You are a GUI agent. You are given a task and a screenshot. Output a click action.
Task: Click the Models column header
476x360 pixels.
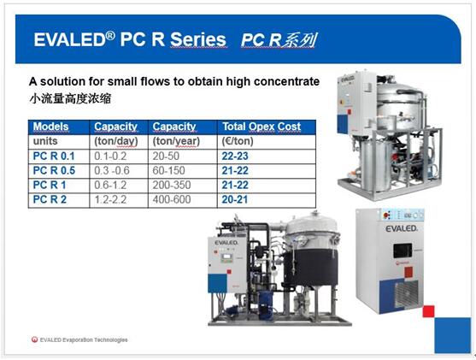(x=50, y=127)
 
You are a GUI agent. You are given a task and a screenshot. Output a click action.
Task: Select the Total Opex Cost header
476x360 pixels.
(x=262, y=127)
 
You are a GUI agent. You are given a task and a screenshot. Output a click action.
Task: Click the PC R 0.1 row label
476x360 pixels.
(x=54, y=156)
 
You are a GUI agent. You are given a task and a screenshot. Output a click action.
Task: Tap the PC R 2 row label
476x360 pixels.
(x=50, y=199)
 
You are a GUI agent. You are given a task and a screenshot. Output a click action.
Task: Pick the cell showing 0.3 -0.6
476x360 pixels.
(x=112, y=170)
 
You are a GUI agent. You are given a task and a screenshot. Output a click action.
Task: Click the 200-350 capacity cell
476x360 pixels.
(x=172, y=185)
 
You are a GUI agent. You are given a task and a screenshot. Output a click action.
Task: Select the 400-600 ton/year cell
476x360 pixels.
(x=172, y=199)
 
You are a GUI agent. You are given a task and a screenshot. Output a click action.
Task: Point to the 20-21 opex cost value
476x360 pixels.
(x=235, y=199)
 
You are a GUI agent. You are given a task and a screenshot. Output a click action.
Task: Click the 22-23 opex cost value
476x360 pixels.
(x=235, y=156)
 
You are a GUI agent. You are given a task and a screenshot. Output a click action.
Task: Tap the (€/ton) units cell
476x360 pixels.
(x=238, y=141)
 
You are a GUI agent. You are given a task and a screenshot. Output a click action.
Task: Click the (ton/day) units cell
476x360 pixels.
(x=116, y=141)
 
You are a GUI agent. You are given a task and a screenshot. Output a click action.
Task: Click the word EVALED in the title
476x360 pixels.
(x=69, y=40)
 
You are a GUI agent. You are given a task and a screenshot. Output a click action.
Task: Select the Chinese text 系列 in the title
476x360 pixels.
(x=299, y=40)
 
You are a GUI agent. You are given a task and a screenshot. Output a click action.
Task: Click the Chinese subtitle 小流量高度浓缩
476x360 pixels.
(x=70, y=98)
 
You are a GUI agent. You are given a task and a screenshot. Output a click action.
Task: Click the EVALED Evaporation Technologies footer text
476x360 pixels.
(x=84, y=339)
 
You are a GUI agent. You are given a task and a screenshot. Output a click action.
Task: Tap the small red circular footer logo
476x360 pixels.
(x=34, y=339)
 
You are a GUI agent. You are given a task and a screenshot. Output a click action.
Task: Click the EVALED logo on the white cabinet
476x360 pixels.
(x=402, y=228)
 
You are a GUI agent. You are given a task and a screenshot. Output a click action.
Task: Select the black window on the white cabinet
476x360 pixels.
(x=403, y=251)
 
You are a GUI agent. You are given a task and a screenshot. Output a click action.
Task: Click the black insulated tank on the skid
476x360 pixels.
(x=310, y=268)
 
